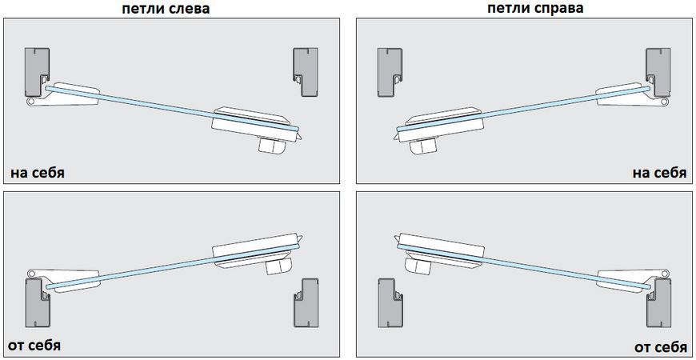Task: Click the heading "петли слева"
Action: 166,9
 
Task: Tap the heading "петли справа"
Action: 535,9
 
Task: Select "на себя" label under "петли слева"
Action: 38,172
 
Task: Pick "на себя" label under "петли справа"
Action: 660,172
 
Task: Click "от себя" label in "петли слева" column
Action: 34,345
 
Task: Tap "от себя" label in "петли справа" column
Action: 661,346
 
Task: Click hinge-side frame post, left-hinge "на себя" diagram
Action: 35,72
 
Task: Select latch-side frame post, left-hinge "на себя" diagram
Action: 306,72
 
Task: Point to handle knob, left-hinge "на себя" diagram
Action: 272,145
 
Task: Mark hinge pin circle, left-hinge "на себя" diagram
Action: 30,102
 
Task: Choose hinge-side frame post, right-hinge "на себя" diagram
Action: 658,72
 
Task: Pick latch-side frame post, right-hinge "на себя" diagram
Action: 390,72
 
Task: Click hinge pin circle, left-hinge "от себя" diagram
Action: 30,273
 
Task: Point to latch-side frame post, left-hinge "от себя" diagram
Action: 306,303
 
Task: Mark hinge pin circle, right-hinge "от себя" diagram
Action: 665,273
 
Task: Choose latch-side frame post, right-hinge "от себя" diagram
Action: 390,303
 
